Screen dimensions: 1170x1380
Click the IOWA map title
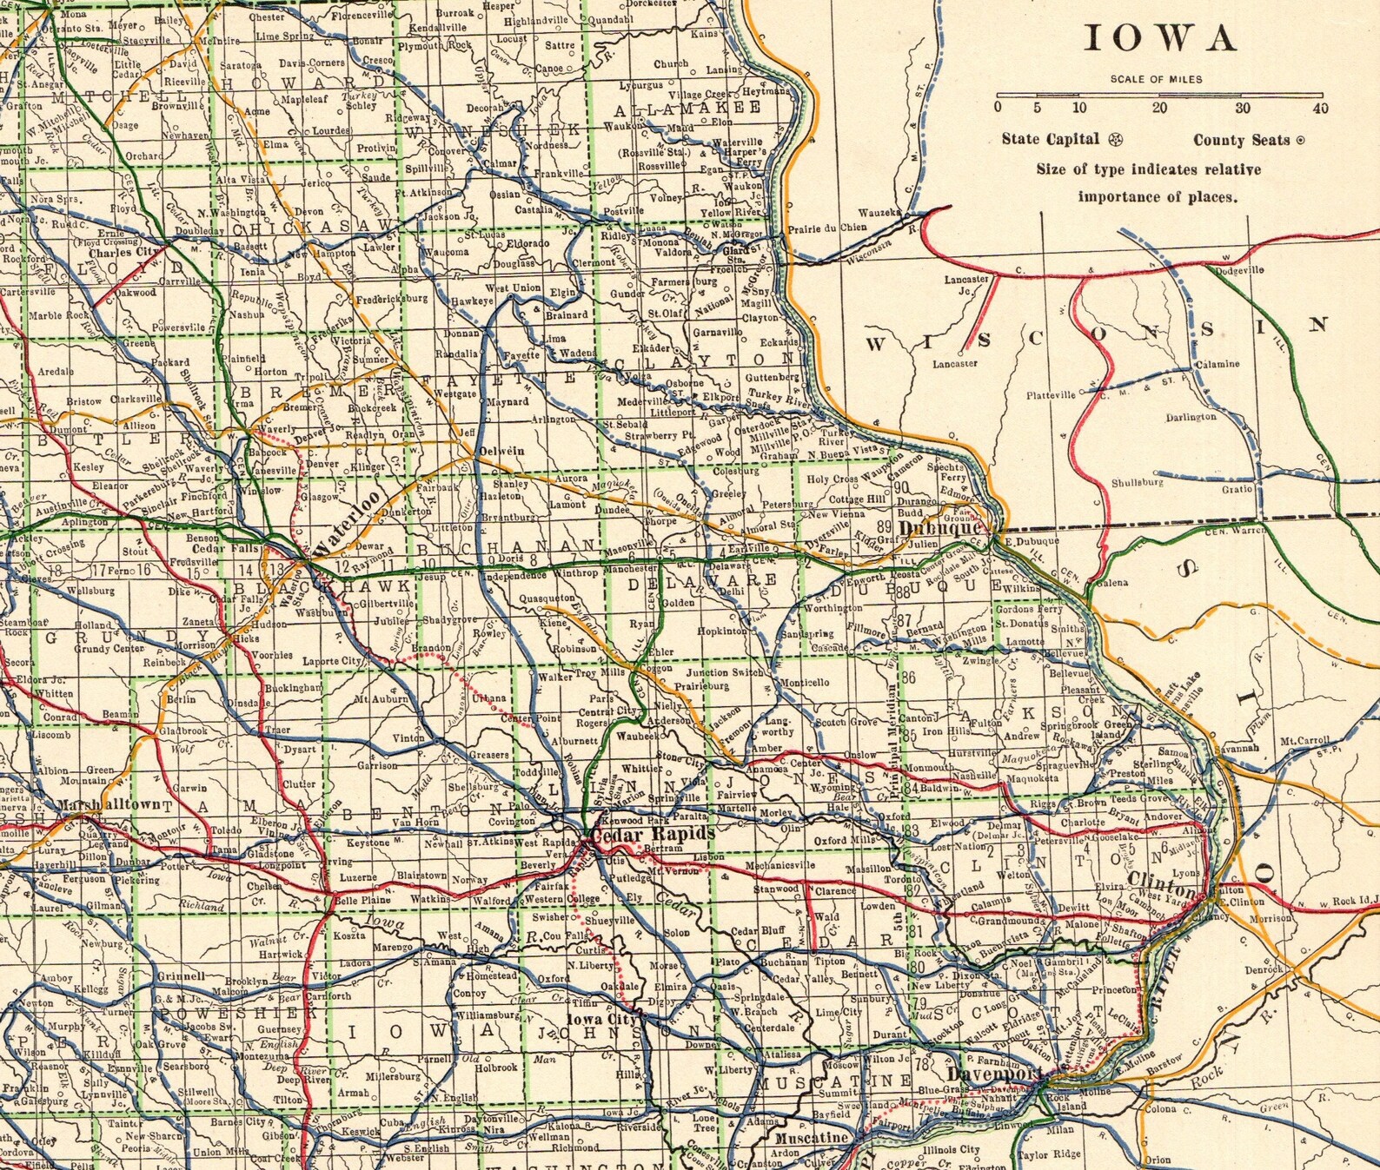coord(1160,39)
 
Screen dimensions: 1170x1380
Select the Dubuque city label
coord(942,528)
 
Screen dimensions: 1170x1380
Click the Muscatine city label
coord(811,1138)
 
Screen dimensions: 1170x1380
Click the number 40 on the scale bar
coord(1320,108)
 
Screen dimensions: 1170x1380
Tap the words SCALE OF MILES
coord(1156,79)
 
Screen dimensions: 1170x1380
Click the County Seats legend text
coord(1241,140)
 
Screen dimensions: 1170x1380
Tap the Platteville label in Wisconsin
coord(1051,395)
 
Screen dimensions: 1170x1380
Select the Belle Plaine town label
coord(362,901)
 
